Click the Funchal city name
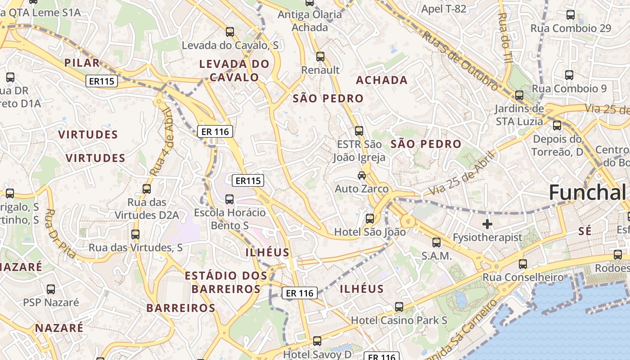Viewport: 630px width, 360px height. point(587,192)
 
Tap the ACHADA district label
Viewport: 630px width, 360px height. point(382,81)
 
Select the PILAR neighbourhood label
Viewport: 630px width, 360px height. point(81,63)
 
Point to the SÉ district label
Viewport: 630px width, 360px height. point(585,231)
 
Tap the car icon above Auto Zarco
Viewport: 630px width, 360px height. point(362,175)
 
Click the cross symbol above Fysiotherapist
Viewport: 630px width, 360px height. point(487,224)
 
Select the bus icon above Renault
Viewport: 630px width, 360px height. point(320,57)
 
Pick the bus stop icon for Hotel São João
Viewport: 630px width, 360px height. point(370,219)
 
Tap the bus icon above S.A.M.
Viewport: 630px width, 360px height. point(436,243)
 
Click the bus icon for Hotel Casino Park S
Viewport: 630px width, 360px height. point(399,307)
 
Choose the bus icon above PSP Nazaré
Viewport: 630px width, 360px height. point(51,289)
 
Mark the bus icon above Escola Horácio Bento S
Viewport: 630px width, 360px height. point(229,199)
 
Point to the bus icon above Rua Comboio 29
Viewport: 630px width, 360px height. point(571,14)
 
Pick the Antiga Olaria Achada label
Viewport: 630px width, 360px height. point(310,21)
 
